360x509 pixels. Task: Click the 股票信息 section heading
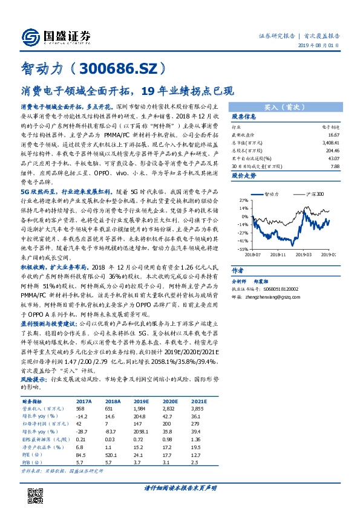coord(244,116)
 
